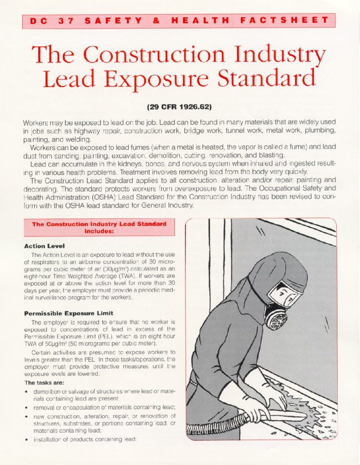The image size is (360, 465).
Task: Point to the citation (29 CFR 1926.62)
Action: point(180,109)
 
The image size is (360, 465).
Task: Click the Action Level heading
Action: point(41,246)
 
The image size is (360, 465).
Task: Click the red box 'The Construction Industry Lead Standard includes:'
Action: point(99,227)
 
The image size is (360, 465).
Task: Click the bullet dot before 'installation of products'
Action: point(28,439)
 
